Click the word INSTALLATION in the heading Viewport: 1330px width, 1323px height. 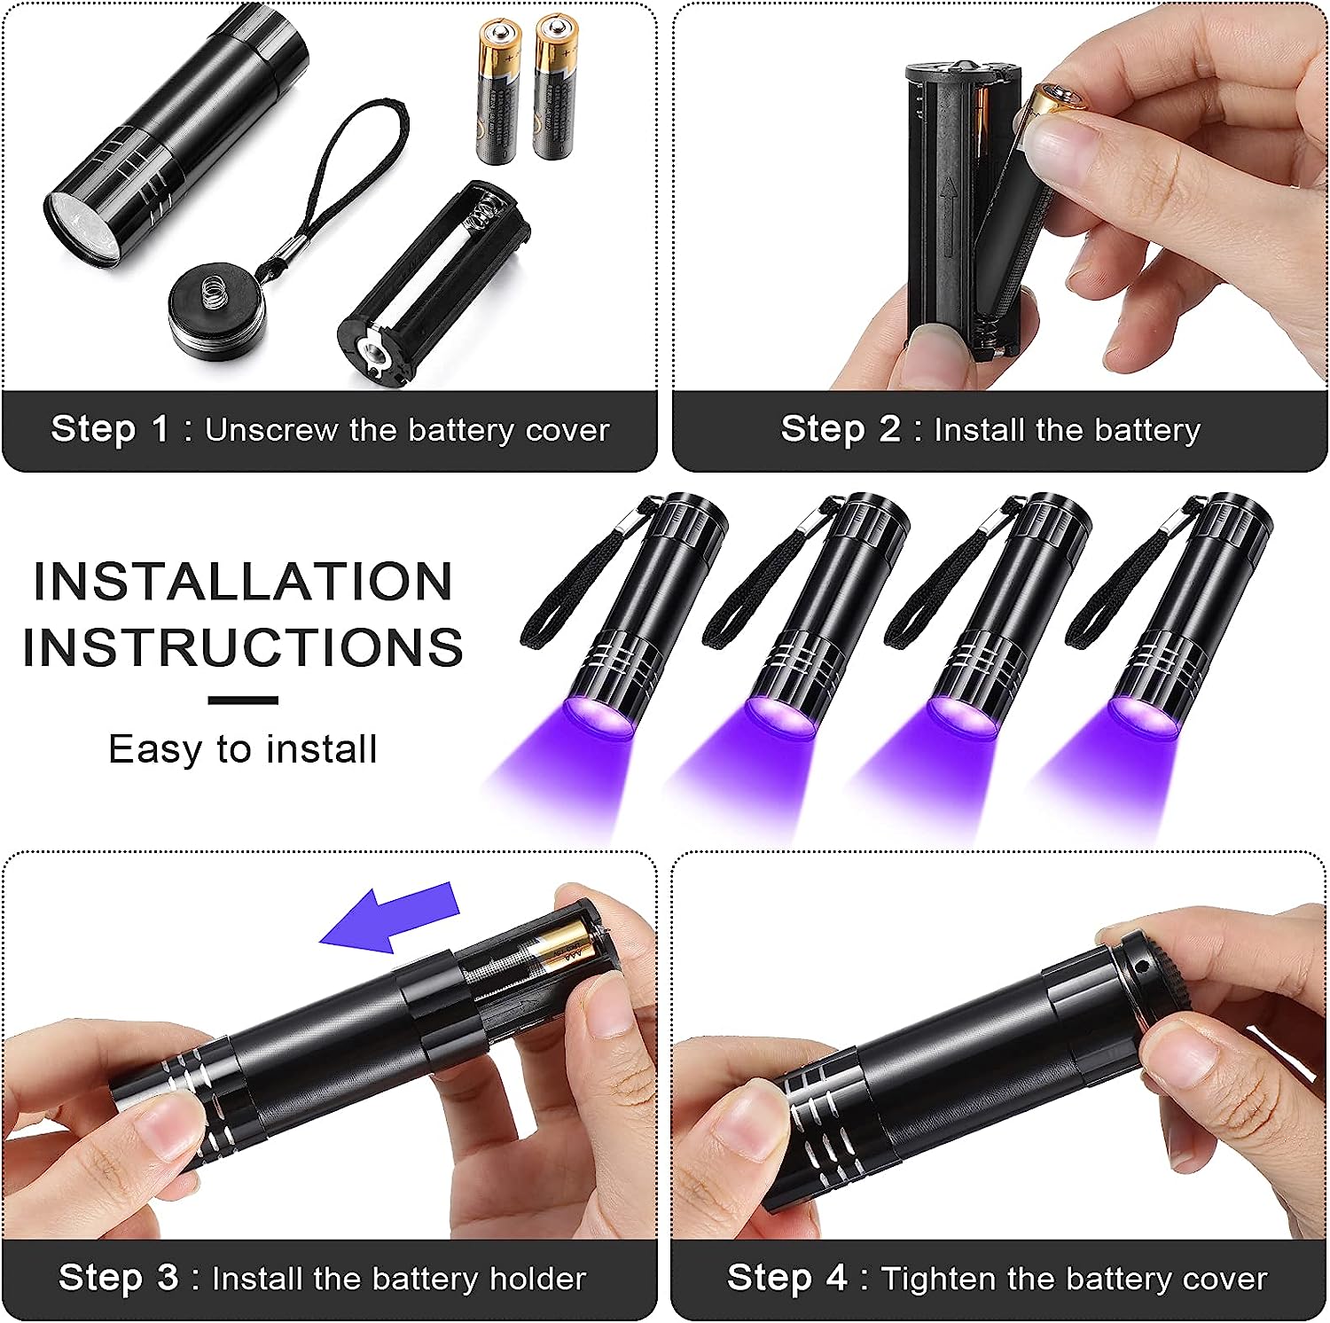(243, 582)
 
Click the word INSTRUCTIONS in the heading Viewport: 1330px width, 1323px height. (243, 647)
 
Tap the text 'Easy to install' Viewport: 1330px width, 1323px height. (243, 749)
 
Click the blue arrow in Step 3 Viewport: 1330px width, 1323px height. (390, 918)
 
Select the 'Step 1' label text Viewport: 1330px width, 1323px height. (110, 429)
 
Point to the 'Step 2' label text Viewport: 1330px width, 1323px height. (840, 429)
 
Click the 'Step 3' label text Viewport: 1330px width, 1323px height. (118, 1278)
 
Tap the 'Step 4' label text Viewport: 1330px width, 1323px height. (786, 1278)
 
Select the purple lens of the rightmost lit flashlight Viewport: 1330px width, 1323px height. (1144, 717)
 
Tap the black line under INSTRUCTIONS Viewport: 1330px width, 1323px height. (243, 701)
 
